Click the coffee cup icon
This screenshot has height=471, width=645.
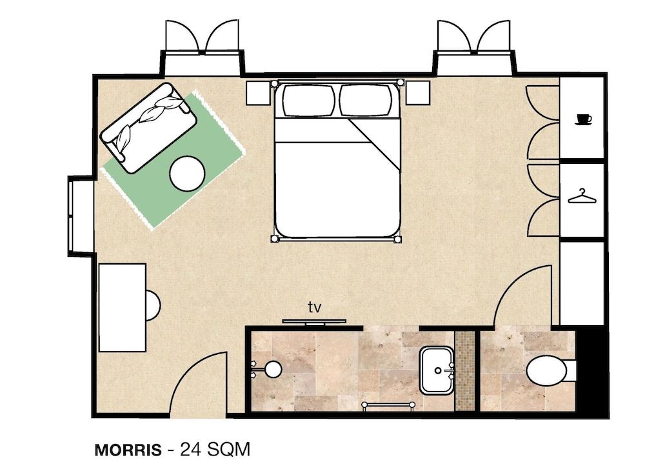(583, 119)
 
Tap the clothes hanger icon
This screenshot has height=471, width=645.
(582, 196)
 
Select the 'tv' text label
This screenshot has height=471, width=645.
(314, 307)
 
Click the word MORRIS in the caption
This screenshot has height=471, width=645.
(128, 450)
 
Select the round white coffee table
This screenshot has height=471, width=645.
(188, 174)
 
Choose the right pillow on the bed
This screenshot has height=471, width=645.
(366, 101)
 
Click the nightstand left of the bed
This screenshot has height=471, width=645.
(259, 93)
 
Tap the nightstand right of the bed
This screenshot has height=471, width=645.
(417, 93)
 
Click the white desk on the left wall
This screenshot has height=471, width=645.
(122, 307)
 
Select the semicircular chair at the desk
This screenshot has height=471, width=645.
(152, 305)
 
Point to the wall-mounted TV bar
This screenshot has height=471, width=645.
(314, 321)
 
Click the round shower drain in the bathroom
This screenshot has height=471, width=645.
(273, 369)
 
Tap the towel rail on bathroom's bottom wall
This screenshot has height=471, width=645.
(388, 405)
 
